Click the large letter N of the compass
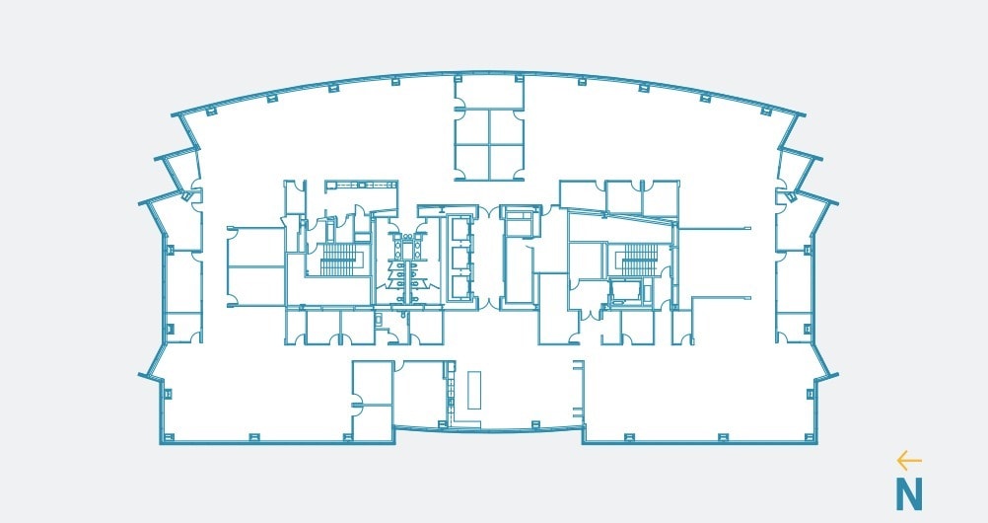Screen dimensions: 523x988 click(908, 492)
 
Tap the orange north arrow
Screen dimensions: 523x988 click(908, 461)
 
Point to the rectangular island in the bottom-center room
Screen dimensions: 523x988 click(474, 390)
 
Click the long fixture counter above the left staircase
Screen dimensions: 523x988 click(361, 184)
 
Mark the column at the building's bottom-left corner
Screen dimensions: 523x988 click(167, 435)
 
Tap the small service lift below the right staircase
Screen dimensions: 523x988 click(625, 291)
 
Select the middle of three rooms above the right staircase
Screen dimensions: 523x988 click(623, 196)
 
